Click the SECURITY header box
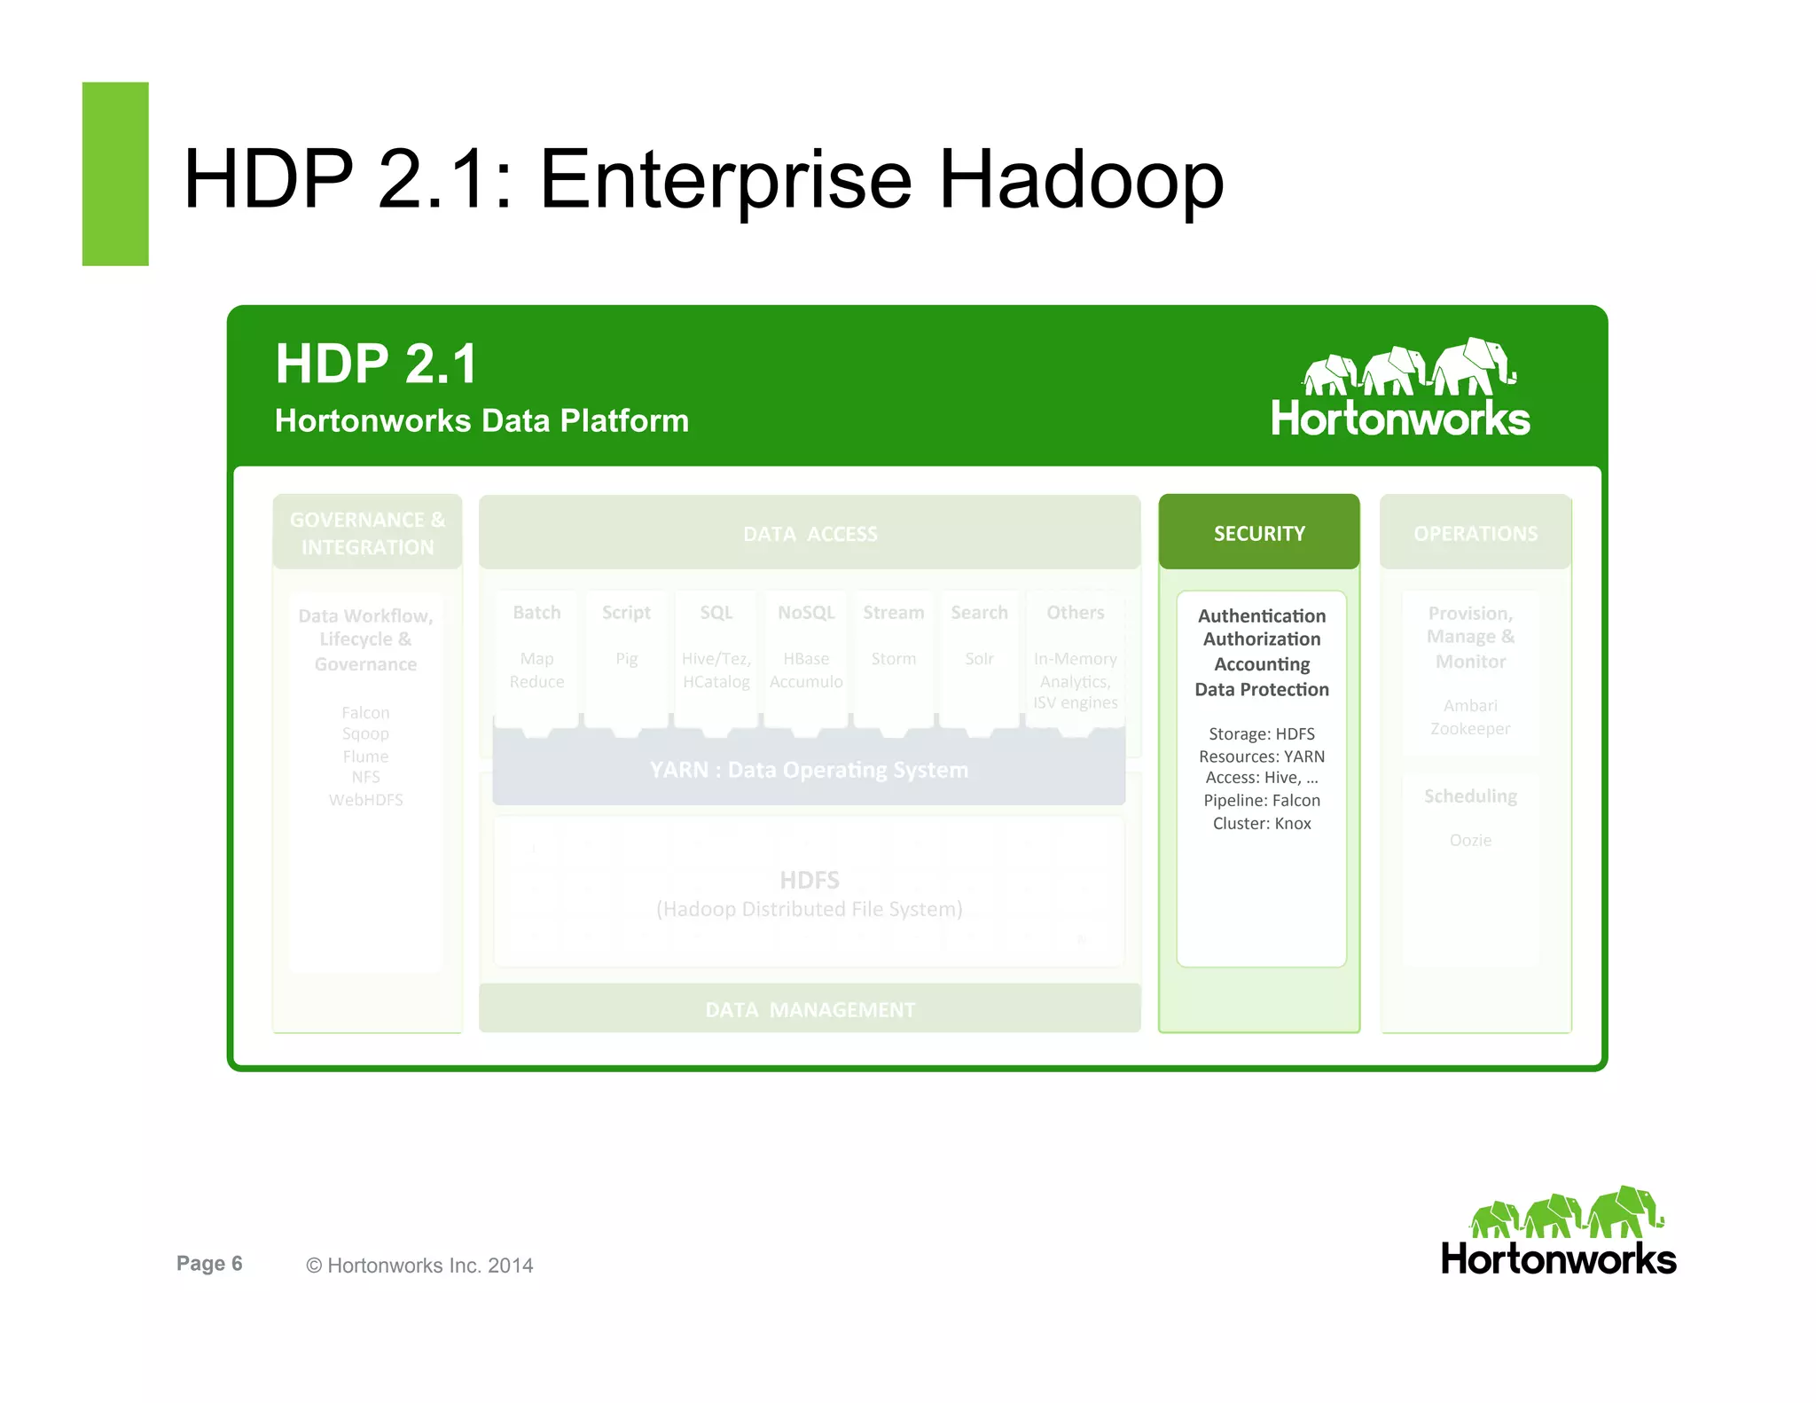tap(1258, 532)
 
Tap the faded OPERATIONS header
tap(1475, 533)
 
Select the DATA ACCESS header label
tap(810, 533)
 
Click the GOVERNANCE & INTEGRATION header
tap(367, 533)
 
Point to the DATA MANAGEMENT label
tap(810, 1009)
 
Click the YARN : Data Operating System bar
tap(809, 769)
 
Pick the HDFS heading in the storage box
tap(809, 880)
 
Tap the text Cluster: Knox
tap(1261, 823)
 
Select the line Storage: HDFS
tap(1261, 733)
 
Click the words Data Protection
tap(1261, 689)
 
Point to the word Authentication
tap(1261, 615)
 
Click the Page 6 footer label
tap(209, 1263)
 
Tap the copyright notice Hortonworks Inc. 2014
tap(420, 1266)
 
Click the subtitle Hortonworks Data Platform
tap(481, 420)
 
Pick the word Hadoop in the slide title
tap(1081, 180)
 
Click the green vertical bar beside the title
tap(115, 174)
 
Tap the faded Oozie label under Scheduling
tap(1469, 840)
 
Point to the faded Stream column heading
tap(893, 613)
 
